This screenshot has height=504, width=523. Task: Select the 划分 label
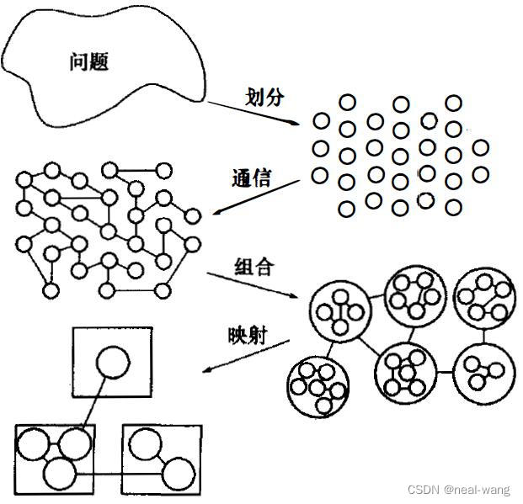(264, 96)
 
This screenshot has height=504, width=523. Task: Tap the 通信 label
(252, 178)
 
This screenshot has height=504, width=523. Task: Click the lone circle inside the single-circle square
(112, 364)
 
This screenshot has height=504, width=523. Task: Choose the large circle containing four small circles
(339, 309)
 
